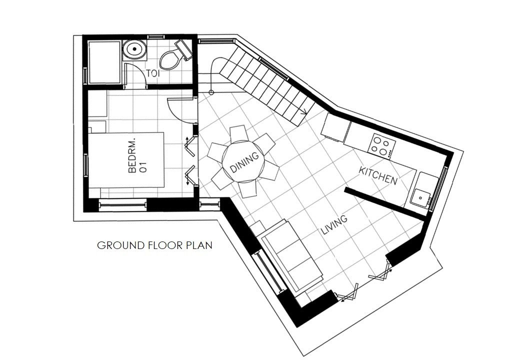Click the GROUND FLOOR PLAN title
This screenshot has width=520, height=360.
pyautogui.click(x=154, y=245)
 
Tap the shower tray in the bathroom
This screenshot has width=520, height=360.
pyautogui.click(x=104, y=61)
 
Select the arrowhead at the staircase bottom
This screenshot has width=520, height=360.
pyautogui.click(x=303, y=112)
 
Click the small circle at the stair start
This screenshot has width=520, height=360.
pyautogui.click(x=211, y=92)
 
